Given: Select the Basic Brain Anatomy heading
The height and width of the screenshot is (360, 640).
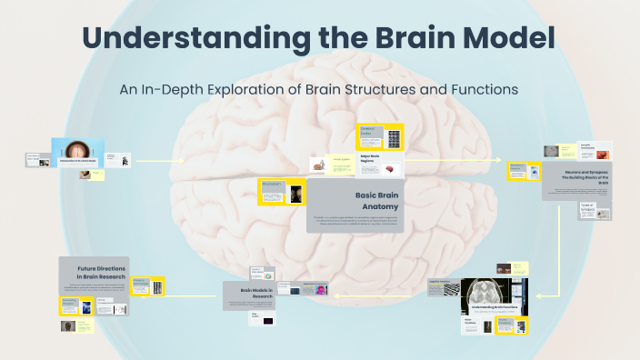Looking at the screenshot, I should coord(374,201).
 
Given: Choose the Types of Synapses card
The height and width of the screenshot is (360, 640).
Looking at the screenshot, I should coord(592,209).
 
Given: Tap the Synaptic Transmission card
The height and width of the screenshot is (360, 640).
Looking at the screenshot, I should coord(596,149).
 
